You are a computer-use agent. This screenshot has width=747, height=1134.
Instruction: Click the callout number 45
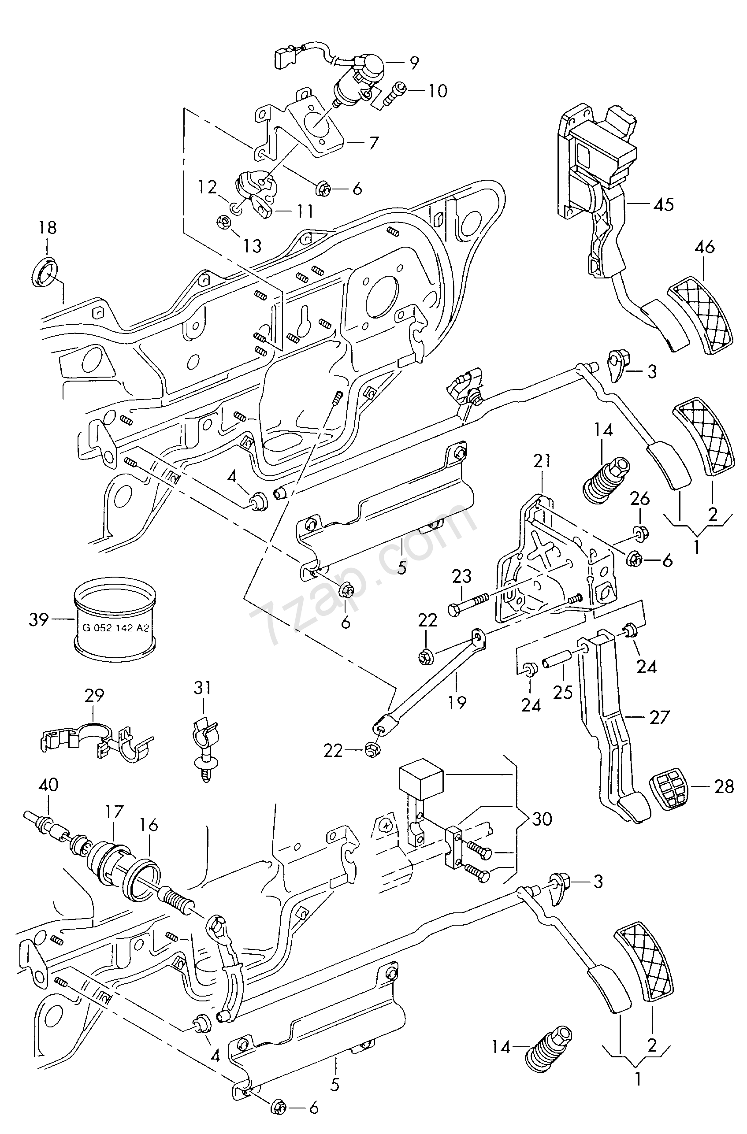pos(664,204)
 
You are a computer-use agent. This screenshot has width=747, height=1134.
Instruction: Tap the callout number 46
pos(705,247)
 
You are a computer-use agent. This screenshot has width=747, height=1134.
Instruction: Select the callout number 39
pos(39,619)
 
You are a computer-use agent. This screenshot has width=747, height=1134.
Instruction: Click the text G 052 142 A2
pos(115,627)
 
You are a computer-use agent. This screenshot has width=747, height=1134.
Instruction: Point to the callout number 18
pos(47,228)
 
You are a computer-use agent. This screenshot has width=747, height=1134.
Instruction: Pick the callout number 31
pos(202,688)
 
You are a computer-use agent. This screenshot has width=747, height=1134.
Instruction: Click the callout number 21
pos(542,461)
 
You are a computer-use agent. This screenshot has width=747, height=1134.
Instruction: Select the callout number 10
pos(437,90)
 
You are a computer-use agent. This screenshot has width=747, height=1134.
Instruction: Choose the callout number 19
pos(457,701)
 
